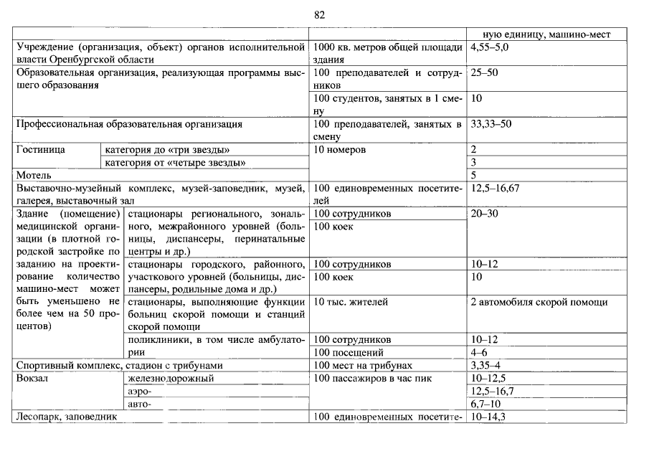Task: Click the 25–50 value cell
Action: pos(484,73)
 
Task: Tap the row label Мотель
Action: pos(34,175)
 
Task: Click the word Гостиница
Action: pos(41,150)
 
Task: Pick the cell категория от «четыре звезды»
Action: pos(175,163)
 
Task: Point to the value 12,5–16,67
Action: pos(494,188)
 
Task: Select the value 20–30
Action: pos(484,214)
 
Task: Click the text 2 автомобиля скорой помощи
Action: pos(539,302)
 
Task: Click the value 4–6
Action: pos(479,353)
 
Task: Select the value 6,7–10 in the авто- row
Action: pos(485,404)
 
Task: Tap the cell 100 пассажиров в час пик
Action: pos(373,378)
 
